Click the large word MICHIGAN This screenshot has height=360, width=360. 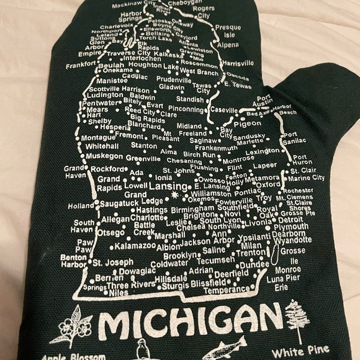pos(191,322)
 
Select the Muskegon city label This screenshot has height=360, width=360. pos(104,156)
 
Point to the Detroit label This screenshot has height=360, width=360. pos(290,220)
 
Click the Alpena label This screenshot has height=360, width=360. pos(228,45)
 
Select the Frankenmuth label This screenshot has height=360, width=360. pos(215,148)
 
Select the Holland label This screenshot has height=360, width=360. pos(81,205)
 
